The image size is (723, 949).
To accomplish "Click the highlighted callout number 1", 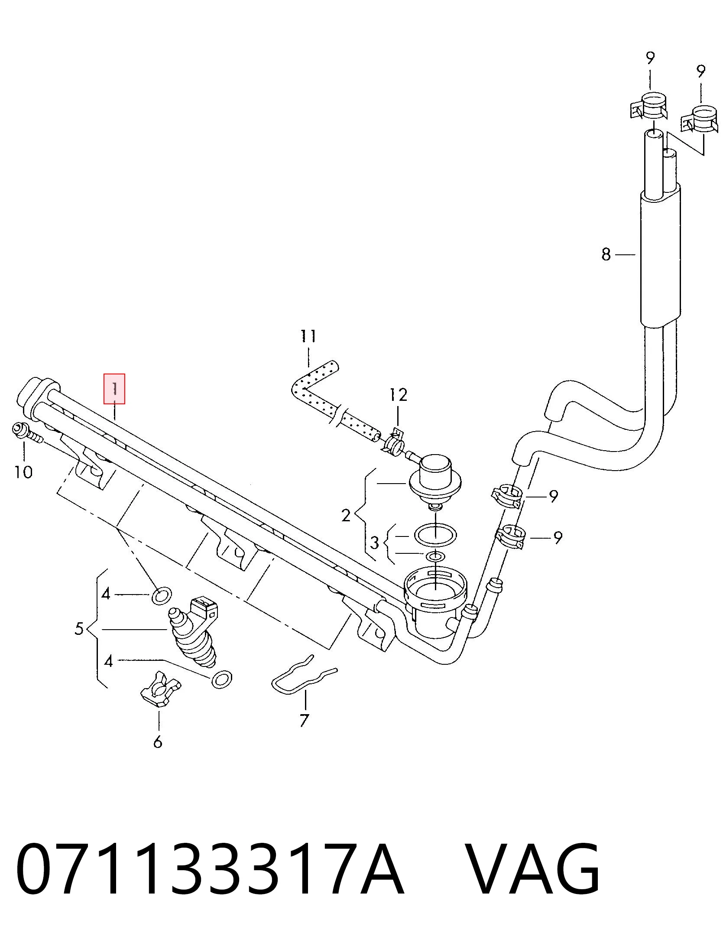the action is [114, 389].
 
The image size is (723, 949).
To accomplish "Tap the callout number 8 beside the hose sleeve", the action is [606, 254].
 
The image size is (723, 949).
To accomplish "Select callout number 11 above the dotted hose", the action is [308, 336].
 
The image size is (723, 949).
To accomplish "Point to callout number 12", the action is [399, 395].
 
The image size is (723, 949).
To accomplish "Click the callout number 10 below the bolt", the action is [23, 472].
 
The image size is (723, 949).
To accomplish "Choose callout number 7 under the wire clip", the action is [304, 721].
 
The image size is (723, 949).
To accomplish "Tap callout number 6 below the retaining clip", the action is [158, 742].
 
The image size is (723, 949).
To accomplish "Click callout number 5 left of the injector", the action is [78, 628].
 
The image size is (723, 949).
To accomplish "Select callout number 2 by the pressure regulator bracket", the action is [345, 515].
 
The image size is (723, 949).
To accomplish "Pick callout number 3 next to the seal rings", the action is [375, 543].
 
